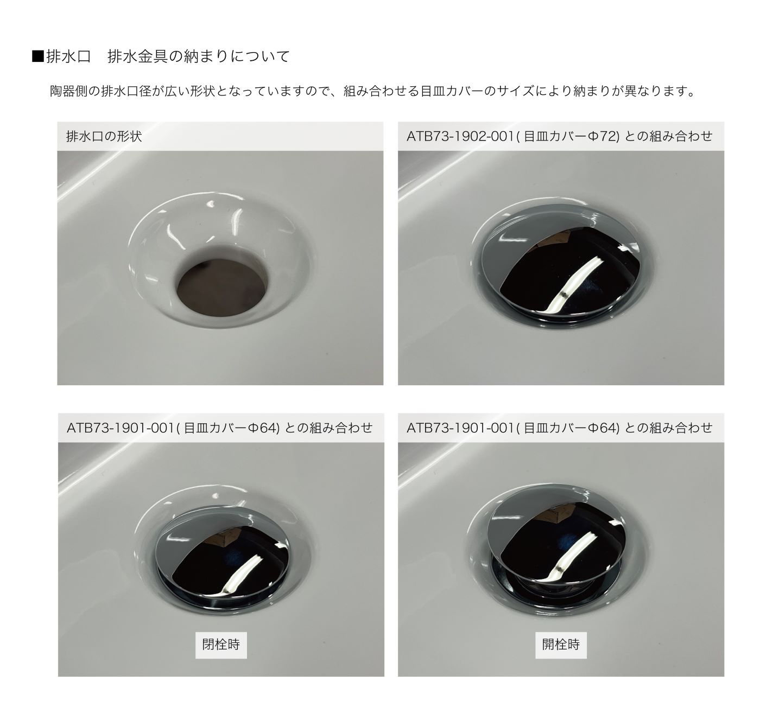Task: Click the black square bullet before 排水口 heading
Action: tap(39, 56)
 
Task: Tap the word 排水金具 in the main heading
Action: tap(137, 56)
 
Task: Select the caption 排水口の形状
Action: tap(104, 136)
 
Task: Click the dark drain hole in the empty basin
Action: tap(221, 286)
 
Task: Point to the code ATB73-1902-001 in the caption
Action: tap(460, 136)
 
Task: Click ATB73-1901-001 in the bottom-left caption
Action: tap(121, 428)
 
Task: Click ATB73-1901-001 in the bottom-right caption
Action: tap(460, 428)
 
